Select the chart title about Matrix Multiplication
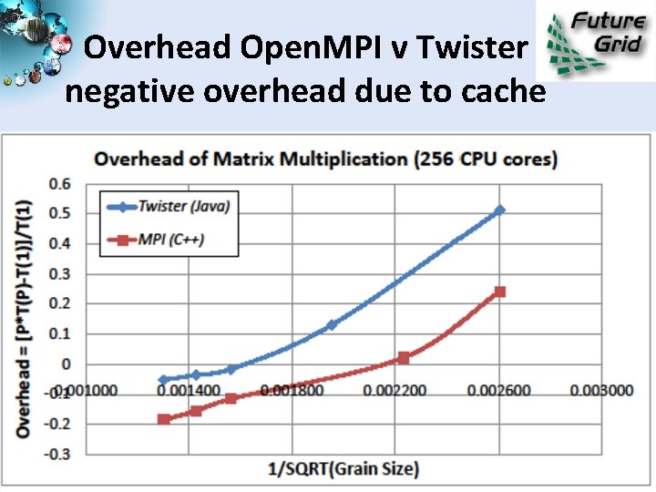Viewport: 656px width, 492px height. tap(326, 159)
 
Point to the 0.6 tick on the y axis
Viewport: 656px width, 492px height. tap(59, 183)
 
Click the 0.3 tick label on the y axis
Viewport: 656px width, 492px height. tap(59, 273)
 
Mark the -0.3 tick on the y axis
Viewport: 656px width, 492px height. tap(56, 453)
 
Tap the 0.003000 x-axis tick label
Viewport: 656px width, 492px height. tap(601, 391)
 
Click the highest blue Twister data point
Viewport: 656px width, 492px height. tap(498, 210)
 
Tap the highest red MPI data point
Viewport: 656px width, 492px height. tap(499, 292)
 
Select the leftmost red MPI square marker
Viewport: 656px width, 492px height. tap(164, 419)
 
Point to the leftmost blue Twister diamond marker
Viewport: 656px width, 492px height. tap(164, 380)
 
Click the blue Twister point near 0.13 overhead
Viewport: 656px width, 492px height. tap(332, 324)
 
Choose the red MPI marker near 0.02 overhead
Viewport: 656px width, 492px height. tap(404, 358)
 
